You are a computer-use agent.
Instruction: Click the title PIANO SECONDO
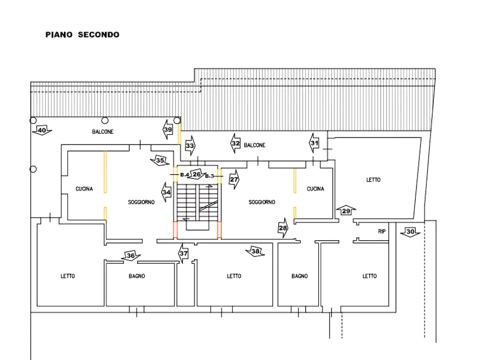coord(82,34)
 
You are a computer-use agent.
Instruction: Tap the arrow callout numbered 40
coord(41,129)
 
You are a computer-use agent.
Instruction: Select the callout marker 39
coord(168,129)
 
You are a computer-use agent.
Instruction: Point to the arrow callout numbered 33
coord(190,145)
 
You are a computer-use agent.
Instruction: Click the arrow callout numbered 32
coord(235,143)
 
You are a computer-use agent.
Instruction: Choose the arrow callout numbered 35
coord(160,160)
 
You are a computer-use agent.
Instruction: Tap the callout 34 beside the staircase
coord(166,191)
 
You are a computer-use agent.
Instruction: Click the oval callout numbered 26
coord(197,175)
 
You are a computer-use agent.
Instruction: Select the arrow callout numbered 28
coord(283,227)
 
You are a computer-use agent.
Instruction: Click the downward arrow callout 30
coord(410,232)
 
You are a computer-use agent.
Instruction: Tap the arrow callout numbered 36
coord(130,255)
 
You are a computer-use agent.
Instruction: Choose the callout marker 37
coord(184,254)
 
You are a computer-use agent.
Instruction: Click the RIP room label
coord(382,231)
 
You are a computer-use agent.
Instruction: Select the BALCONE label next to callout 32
coord(255,146)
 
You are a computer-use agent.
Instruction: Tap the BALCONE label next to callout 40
coord(102,132)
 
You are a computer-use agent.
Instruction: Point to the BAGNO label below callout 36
coord(136,276)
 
